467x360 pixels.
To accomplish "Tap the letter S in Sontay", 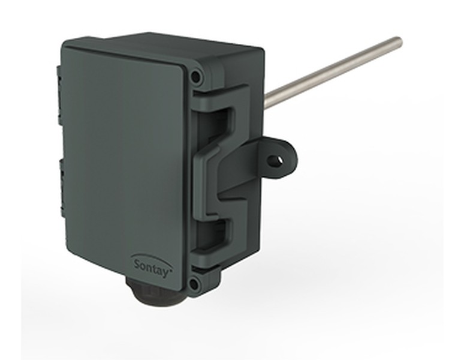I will pos(136,263).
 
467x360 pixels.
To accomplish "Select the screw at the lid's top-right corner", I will pos(195,77).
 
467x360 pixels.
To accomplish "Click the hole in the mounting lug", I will pos(275,160).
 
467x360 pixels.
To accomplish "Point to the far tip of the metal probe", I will pos(399,41).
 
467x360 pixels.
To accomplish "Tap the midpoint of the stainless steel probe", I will pos(333,71).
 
